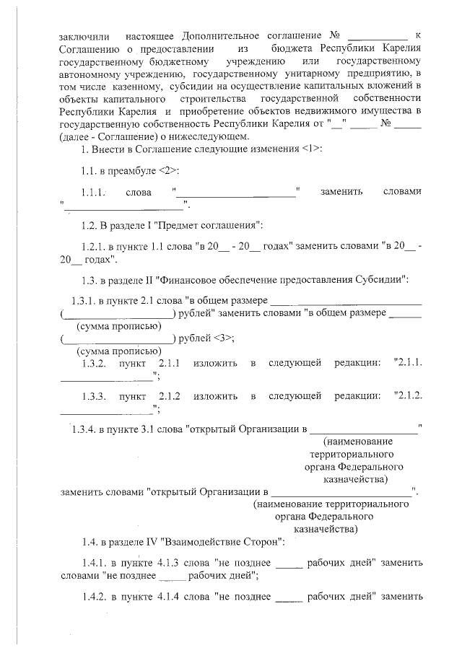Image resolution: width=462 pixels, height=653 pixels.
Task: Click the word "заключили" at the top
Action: point(84,35)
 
